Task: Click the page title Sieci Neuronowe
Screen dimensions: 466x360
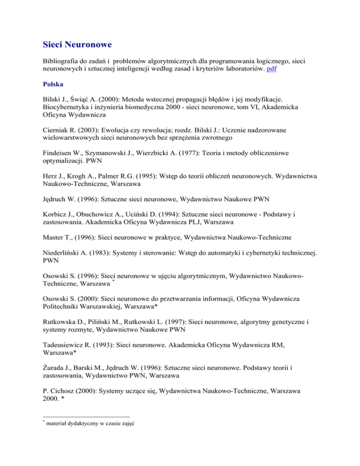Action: (x=74, y=46)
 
